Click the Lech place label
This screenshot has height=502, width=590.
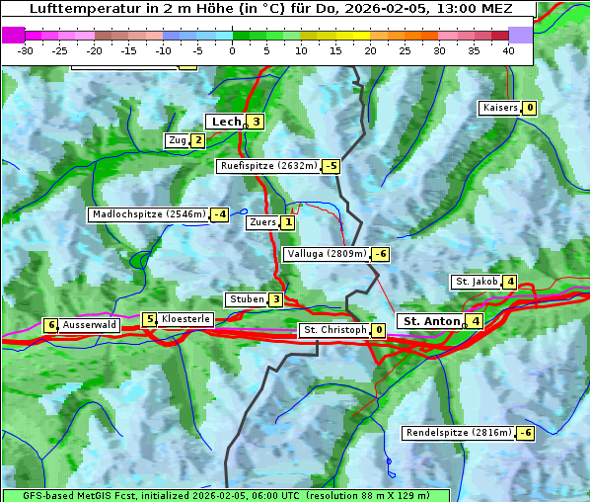(x=226, y=122)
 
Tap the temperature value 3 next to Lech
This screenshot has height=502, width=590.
(x=256, y=122)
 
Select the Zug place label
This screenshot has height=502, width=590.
(x=178, y=140)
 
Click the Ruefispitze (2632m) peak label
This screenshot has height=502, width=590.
(x=268, y=166)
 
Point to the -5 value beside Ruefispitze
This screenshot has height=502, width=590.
(x=331, y=166)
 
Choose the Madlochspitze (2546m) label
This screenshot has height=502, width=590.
(x=148, y=213)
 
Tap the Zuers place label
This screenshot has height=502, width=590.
(x=261, y=222)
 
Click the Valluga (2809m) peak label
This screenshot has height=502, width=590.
(x=327, y=254)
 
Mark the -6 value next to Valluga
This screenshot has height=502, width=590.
(x=380, y=254)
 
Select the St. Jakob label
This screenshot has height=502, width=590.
(x=476, y=282)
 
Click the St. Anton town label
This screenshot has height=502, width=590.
(x=432, y=321)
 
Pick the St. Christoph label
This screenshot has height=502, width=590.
(x=334, y=329)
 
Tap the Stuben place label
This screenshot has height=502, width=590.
(x=246, y=299)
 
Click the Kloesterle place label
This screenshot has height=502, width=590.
(x=185, y=319)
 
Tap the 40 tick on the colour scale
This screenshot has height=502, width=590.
(x=508, y=49)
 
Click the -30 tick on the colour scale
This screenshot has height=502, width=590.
(x=26, y=49)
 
